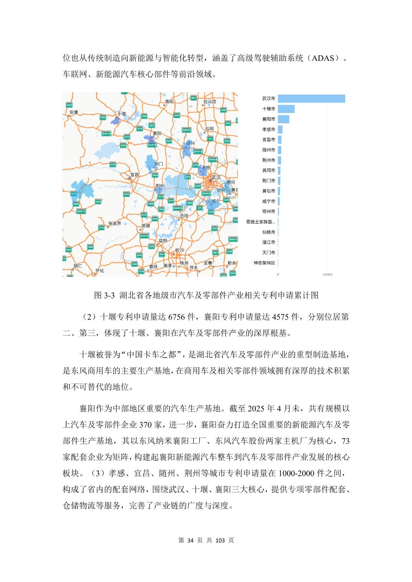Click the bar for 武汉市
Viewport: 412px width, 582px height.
pyautogui.click(x=311, y=99)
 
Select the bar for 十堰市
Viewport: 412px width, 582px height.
pyautogui.click(x=286, y=109)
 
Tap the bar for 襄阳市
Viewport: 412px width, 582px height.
pyautogui.click(x=283, y=119)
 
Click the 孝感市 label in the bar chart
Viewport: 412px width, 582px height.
pyautogui.click(x=269, y=130)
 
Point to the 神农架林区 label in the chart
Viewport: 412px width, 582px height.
pyautogui.click(x=264, y=263)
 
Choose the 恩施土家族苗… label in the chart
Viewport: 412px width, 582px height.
pyautogui.click(x=260, y=222)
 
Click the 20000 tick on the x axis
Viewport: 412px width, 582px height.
pyautogui.click(x=328, y=275)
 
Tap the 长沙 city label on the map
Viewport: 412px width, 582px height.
pyautogui.click(x=180, y=250)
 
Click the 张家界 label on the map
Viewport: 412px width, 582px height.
pyautogui.click(x=115, y=223)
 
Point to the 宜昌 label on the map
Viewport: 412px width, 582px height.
pyautogui.click(x=134, y=175)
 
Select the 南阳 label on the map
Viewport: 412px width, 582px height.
pyautogui.click(x=169, y=101)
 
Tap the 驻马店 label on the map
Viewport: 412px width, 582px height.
pyautogui.click(x=210, y=101)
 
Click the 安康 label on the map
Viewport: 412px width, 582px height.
pyautogui.click(x=73, y=112)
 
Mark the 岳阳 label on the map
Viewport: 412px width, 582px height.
pyautogui.click(x=184, y=216)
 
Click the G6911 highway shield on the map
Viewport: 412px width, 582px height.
pyautogui.click(x=81, y=211)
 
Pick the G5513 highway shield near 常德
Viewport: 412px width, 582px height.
pyautogui.click(x=144, y=236)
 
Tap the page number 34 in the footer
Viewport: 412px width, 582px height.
pyautogui.click(x=192, y=540)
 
